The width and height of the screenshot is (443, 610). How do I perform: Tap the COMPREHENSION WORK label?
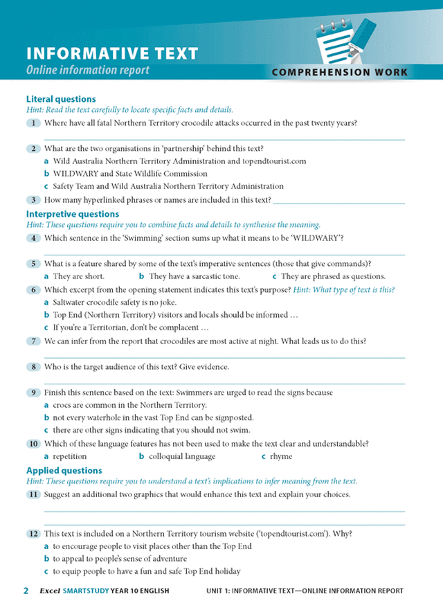pyautogui.click(x=340, y=72)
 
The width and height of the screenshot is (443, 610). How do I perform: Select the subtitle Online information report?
pyautogui.click(x=87, y=70)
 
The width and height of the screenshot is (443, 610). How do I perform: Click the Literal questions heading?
pyautogui.click(x=61, y=99)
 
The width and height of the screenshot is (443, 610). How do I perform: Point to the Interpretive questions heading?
pyautogui.click(x=73, y=214)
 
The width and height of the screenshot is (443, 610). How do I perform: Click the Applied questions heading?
pyautogui.click(x=64, y=470)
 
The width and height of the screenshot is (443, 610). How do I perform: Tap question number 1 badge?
pyautogui.click(x=33, y=123)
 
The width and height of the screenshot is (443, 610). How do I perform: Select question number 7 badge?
pyautogui.click(x=33, y=341)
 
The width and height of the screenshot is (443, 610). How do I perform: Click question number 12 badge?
pyautogui.click(x=33, y=534)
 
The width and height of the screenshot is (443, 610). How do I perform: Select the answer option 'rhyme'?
pyautogui.click(x=282, y=456)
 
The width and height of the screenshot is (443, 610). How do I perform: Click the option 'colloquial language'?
pyautogui.click(x=182, y=456)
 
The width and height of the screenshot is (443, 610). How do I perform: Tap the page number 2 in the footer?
pyautogui.click(x=26, y=591)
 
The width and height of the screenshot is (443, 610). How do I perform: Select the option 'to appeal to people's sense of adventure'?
pyautogui.click(x=133, y=559)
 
